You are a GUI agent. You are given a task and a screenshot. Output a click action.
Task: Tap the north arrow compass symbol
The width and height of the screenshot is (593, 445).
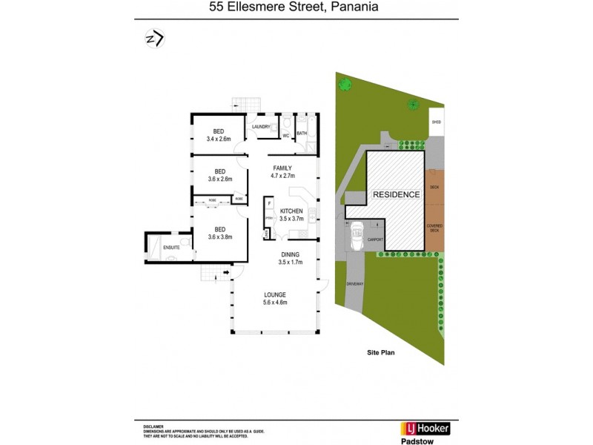(x=154, y=39)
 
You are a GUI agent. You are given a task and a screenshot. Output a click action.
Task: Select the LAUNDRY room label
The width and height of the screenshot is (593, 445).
(x=261, y=127)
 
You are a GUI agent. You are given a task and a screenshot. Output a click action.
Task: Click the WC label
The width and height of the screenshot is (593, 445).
(x=285, y=135)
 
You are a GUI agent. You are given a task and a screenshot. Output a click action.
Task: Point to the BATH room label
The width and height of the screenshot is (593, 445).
(x=302, y=133)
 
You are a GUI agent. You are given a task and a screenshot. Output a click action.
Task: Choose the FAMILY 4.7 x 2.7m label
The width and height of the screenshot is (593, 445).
(x=283, y=171)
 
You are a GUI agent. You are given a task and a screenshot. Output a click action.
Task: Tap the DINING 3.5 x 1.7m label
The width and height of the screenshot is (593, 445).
(x=291, y=258)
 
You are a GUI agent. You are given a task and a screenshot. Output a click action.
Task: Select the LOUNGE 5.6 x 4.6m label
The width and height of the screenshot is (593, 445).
(x=274, y=299)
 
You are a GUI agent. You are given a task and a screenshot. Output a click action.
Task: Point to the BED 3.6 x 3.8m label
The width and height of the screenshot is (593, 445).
(x=219, y=233)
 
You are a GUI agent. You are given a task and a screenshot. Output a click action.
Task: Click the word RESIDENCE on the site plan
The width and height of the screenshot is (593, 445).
(x=396, y=194)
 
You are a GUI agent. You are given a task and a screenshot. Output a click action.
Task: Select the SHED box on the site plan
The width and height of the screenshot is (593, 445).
(x=436, y=123)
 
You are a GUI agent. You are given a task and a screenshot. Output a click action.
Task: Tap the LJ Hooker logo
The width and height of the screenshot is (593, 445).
(x=425, y=429)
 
